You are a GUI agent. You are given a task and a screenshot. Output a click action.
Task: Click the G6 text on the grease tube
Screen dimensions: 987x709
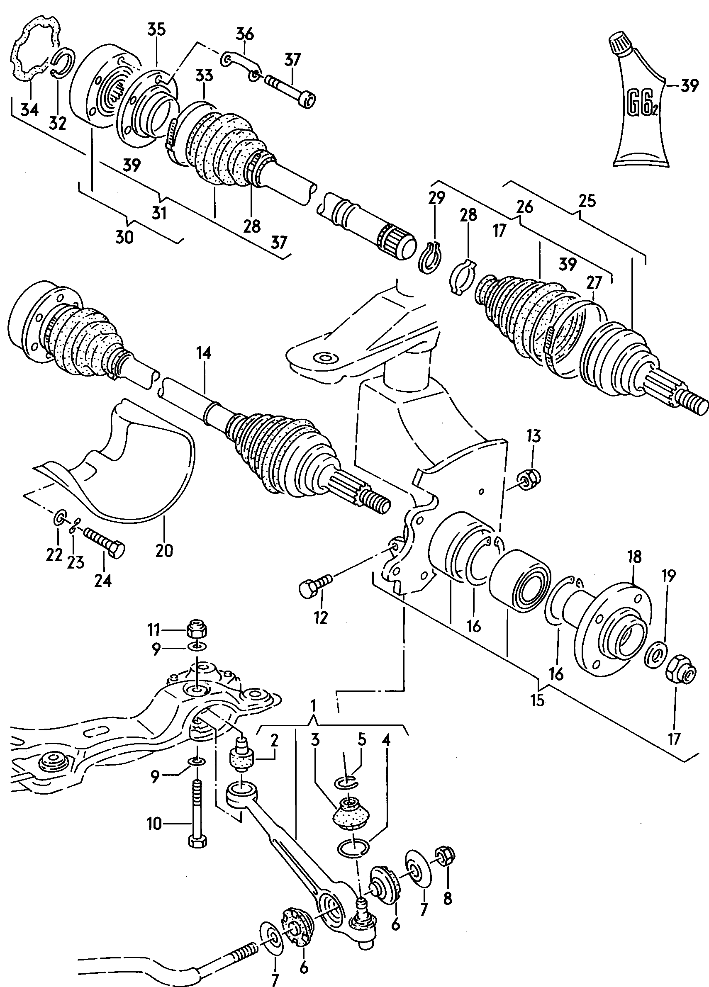(x=639, y=105)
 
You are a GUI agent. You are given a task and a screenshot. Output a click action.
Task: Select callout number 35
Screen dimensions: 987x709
(x=156, y=29)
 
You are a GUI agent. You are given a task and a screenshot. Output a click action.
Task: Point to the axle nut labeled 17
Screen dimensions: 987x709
(x=681, y=676)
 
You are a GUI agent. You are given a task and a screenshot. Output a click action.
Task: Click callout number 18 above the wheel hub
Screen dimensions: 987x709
(x=634, y=557)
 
